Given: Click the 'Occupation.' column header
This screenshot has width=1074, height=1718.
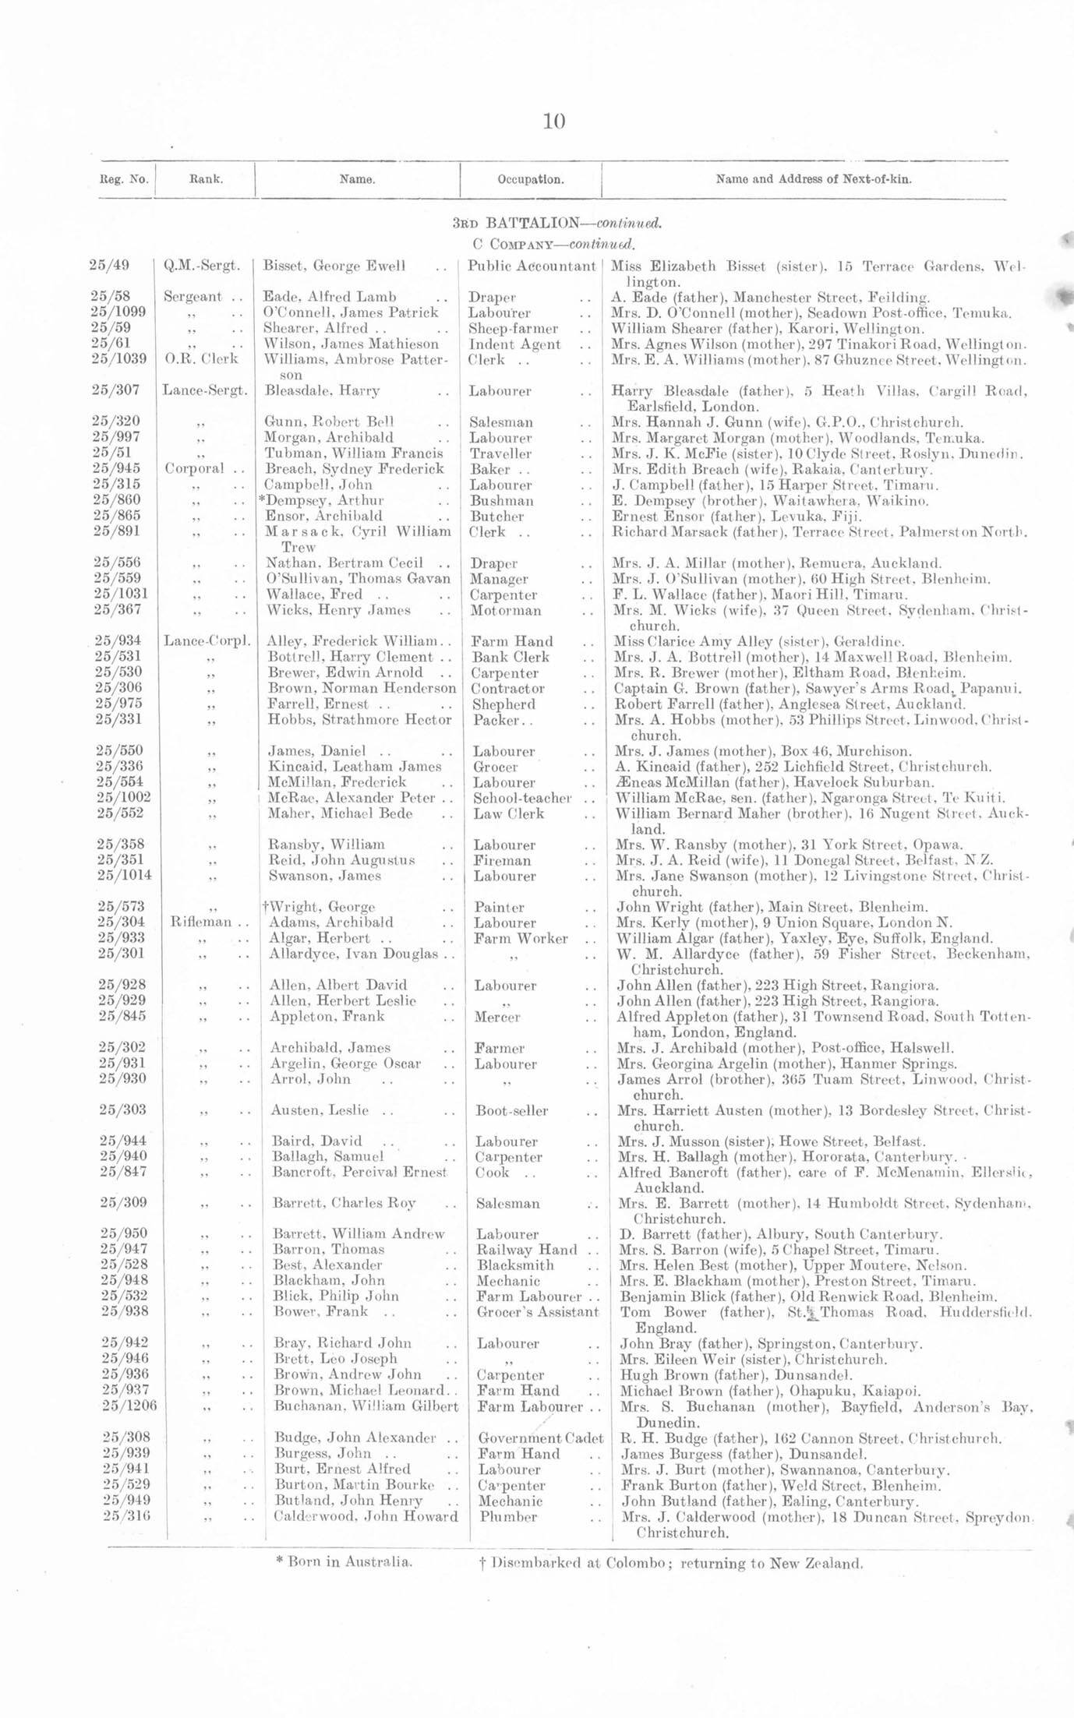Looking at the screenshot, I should (x=530, y=179).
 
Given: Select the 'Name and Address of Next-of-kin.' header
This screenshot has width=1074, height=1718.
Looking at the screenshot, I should (x=814, y=179).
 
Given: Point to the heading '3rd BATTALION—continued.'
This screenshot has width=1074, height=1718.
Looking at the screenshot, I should (x=557, y=223).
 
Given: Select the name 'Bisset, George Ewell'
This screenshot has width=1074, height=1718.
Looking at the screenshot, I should (x=334, y=266).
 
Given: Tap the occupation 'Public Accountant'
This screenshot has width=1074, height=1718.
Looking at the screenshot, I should (x=532, y=266).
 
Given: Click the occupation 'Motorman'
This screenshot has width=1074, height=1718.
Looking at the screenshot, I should (x=505, y=610).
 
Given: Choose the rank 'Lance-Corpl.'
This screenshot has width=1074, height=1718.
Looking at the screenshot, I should (x=207, y=641).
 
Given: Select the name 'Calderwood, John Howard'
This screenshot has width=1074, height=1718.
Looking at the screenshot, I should (x=366, y=1516).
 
